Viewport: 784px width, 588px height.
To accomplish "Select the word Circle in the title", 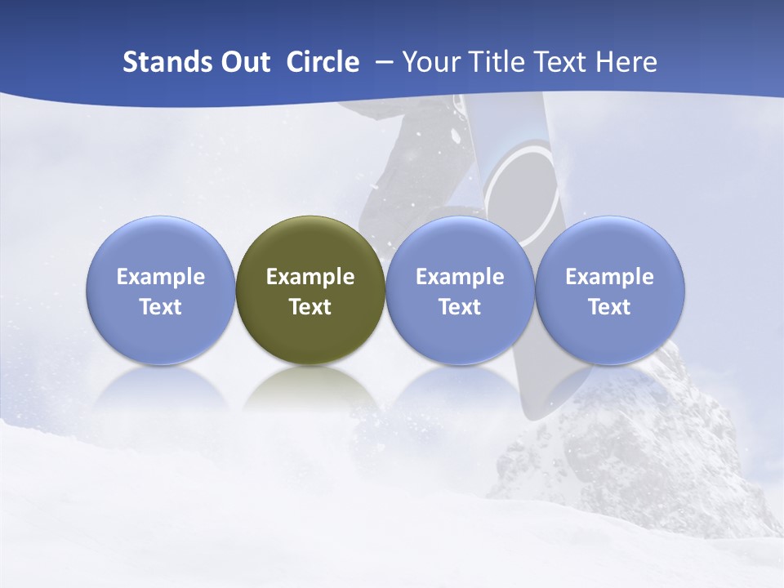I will [x=322, y=62].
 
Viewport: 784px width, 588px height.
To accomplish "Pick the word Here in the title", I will [x=626, y=62].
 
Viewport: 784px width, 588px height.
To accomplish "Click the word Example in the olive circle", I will [x=310, y=277].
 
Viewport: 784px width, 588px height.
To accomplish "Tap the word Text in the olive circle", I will [x=310, y=307].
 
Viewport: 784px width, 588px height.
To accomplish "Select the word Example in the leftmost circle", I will [x=161, y=277].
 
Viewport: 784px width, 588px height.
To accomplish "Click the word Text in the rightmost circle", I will [x=609, y=307].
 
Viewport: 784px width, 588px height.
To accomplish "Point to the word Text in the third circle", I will [x=460, y=307].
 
